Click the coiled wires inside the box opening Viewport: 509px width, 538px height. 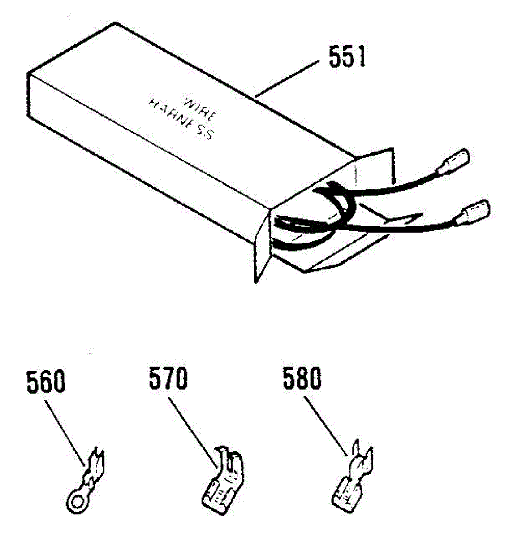tap(314, 215)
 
